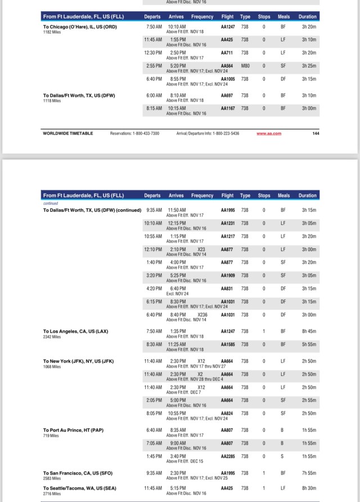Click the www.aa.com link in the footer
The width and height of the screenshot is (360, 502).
(269, 133)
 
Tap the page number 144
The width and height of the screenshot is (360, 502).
(316, 133)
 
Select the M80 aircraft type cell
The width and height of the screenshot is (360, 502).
(245, 66)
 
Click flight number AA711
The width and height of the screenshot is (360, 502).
(227, 53)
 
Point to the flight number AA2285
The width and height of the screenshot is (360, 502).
(227, 456)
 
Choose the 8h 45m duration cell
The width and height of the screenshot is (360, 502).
(308, 331)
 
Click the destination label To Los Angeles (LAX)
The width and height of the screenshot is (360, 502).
(75, 331)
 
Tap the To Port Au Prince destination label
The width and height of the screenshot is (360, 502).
(73, 430)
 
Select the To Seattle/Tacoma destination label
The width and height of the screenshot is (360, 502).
(80, 488)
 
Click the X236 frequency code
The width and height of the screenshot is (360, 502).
(202, 315)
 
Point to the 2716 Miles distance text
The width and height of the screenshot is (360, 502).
(52, 494)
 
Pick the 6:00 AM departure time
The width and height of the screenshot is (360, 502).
(154, 96)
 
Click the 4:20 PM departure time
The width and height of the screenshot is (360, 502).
(153, 288)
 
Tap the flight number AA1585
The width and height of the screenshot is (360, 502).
(227, 344)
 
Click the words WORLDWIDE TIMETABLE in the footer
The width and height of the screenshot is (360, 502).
(68, 133)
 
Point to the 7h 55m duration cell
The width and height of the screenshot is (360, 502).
(308, 473)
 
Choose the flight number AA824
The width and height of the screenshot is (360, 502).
(227, 413)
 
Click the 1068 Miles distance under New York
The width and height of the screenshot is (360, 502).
(52, 367)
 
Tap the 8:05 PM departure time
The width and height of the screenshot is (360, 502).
(154, 413)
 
